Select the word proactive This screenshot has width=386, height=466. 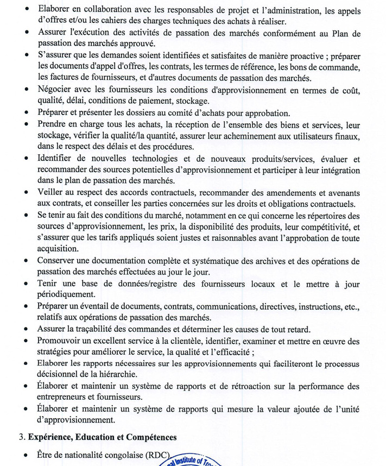click(x=294, y=56)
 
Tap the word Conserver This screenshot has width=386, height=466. click(x=59, y=261)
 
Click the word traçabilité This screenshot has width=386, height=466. click(x=105, y=329)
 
